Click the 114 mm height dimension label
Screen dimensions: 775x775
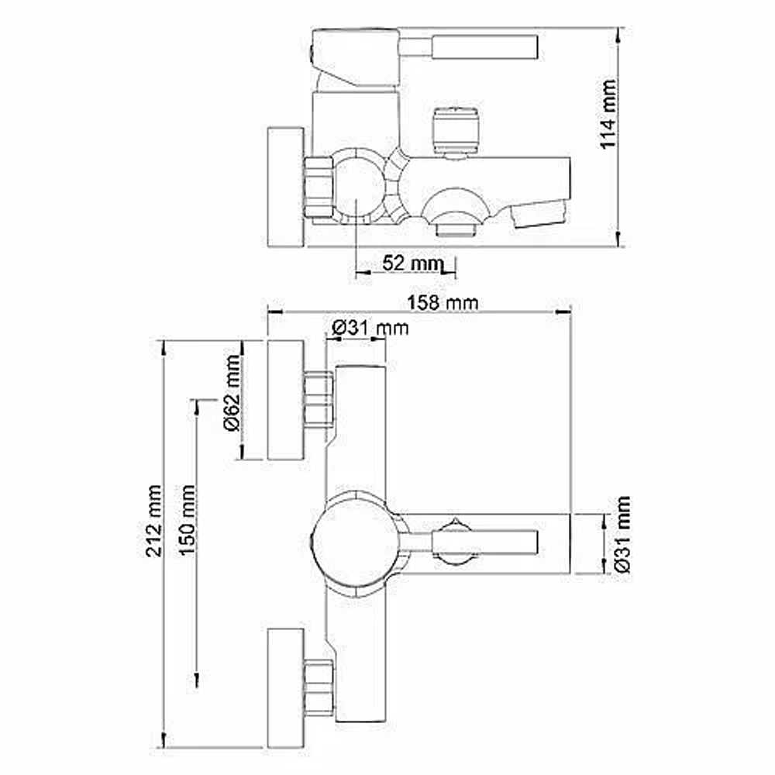608,114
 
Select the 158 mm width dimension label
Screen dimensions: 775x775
443,302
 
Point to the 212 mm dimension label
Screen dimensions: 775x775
153,521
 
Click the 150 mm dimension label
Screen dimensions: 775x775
188,521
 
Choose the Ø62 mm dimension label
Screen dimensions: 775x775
232,392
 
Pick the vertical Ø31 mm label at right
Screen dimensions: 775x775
623,534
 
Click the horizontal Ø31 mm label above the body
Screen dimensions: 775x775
370,328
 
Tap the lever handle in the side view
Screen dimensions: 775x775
469,47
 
